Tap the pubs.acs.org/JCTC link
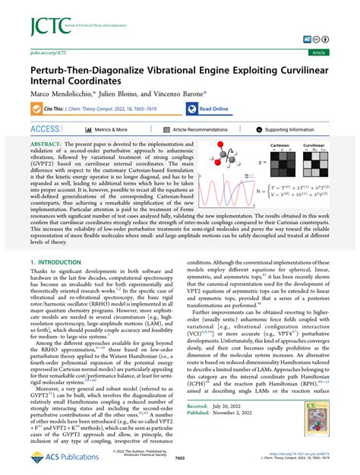(x=39, y=53)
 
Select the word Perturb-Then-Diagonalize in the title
(x=82, y=71)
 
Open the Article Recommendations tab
(x=200, y=130)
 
